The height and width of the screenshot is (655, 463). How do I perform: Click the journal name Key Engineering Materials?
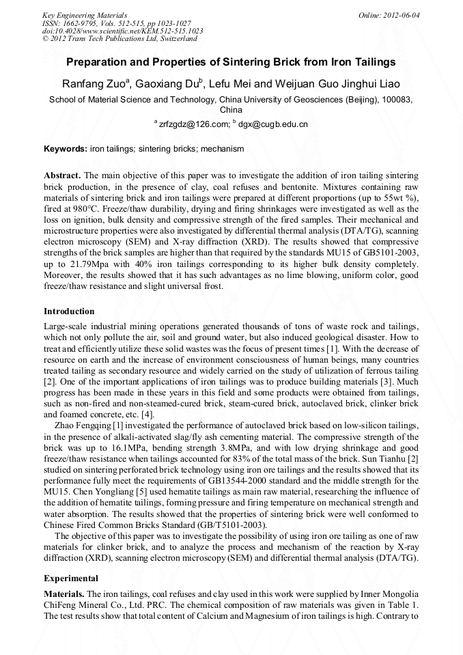tap(85, 14)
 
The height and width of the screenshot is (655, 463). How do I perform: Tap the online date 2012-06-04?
tap(391, 14)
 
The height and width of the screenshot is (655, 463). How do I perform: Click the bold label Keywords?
tap(66, 148)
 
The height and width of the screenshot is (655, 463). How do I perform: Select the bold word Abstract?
tap(62, 176)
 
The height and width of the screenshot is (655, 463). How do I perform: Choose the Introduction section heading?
tap(69, 311)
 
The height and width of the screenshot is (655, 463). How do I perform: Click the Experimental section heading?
tap(71, 579)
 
